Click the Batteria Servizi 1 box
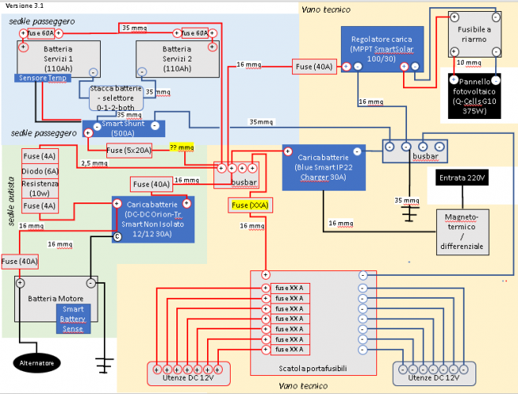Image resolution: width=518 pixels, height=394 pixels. point(57,58)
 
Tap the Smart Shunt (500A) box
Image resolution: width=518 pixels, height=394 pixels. point(124,128)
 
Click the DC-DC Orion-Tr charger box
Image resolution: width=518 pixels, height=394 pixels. point(155,217)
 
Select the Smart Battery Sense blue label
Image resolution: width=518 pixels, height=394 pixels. point(72,318)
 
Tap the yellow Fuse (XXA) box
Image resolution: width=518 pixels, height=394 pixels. point(250,206)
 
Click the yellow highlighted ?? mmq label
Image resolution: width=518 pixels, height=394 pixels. point(182,147)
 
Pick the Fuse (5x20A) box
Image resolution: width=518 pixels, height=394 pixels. point(127,150)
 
